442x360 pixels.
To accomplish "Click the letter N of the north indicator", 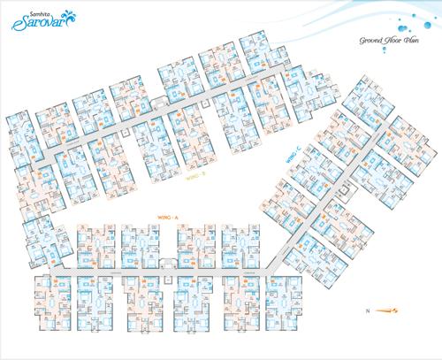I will click(366, 310).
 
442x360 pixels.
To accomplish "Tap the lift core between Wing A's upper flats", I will click(164, 257).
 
